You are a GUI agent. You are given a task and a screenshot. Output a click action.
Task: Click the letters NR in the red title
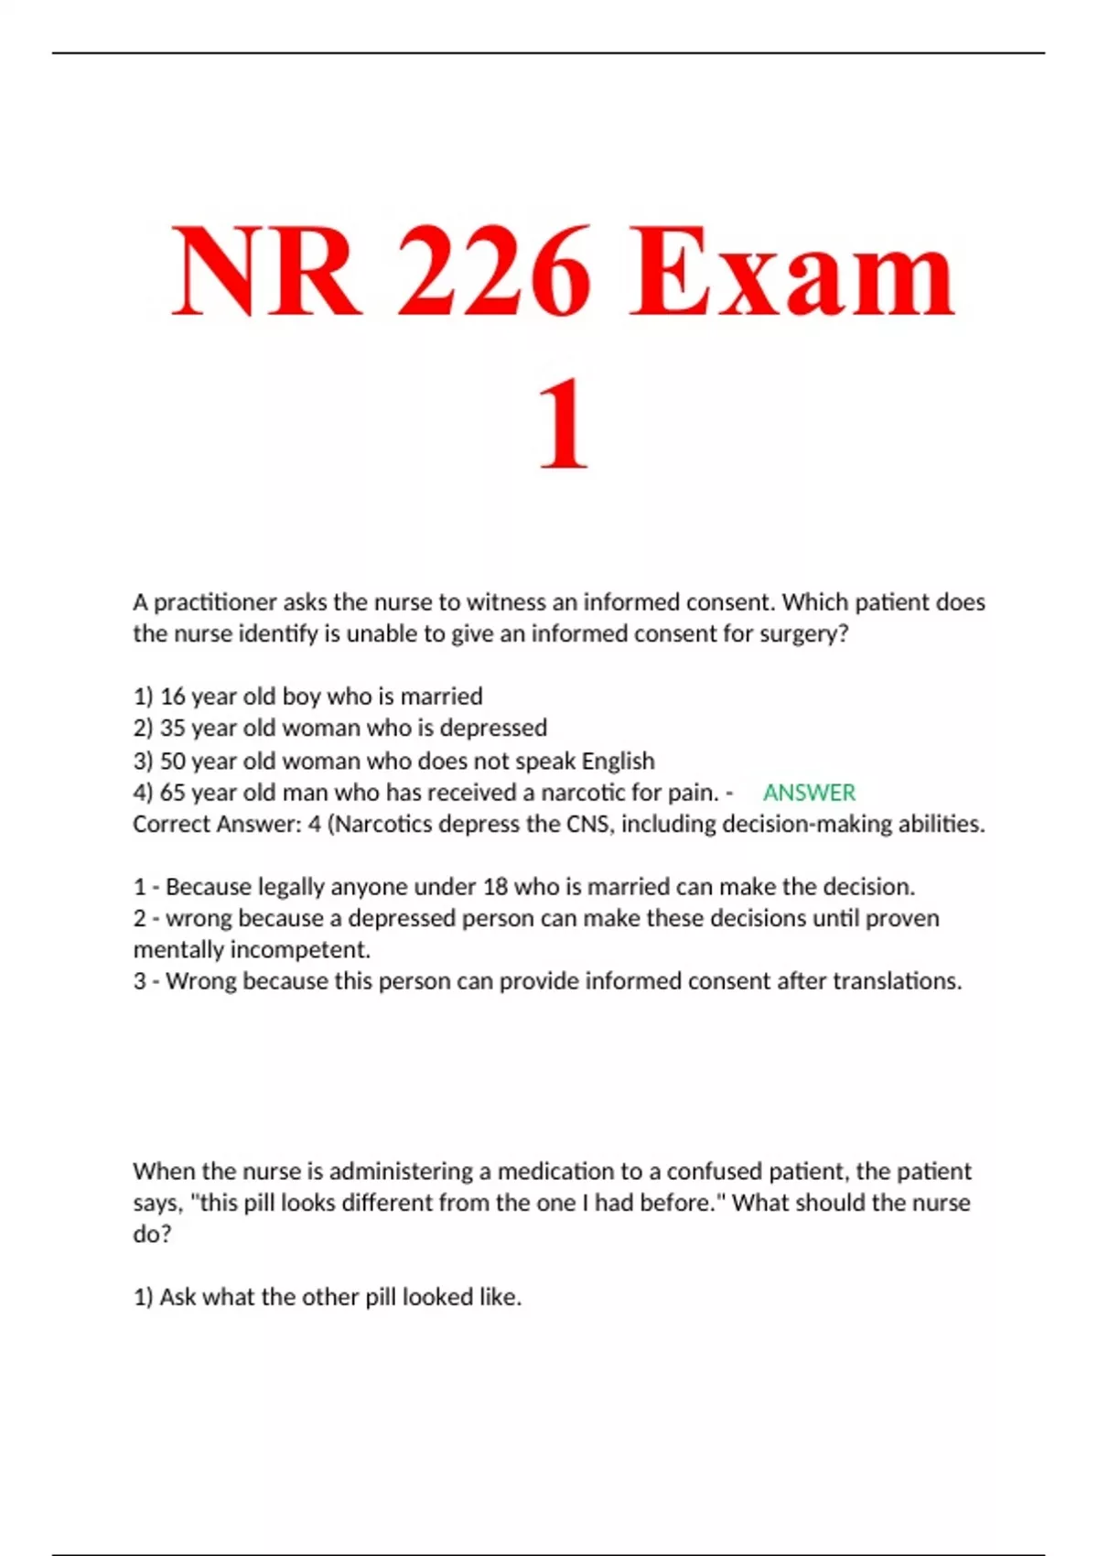(265, 272)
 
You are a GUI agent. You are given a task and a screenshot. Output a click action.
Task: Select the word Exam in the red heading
(792, 272)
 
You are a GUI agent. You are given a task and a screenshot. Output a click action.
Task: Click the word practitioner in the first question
(215, 602)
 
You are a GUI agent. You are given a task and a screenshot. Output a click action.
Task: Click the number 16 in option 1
(173, 697)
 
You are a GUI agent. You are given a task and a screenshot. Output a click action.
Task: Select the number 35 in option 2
(173, 728)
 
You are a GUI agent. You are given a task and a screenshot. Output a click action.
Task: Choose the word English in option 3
(618, 761)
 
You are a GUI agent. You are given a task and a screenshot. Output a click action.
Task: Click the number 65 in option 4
(173, 792)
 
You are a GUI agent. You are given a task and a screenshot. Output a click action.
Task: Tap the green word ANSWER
(809, 793)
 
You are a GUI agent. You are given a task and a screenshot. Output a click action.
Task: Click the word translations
(896, 981)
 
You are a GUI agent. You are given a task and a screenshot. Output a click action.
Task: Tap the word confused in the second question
(711, 1172)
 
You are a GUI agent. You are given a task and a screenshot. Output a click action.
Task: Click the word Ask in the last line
(178, 1297)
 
